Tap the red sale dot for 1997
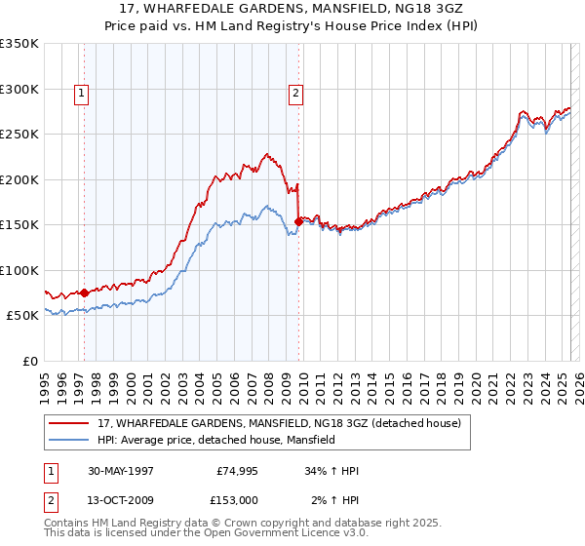[85, 292]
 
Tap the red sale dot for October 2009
[298, 221]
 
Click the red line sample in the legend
[70, 423]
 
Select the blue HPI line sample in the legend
[70, 440]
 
